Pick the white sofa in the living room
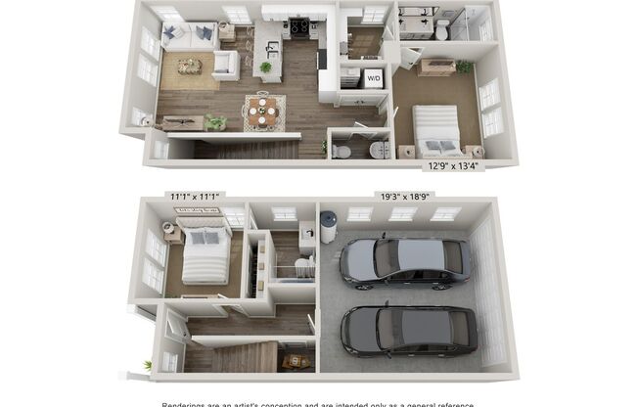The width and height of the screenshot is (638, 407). [x=189, y=37]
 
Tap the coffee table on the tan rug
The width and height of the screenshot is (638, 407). [x=189, y=66]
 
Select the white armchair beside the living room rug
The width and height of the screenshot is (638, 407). [x=225, y=66]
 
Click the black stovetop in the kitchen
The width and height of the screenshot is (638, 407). [x=299, y=25]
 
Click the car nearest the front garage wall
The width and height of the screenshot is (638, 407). [x=408, y=330]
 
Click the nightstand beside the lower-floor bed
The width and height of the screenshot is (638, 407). [x=172, y=234]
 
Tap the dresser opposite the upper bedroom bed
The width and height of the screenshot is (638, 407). [x=435, y=67]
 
